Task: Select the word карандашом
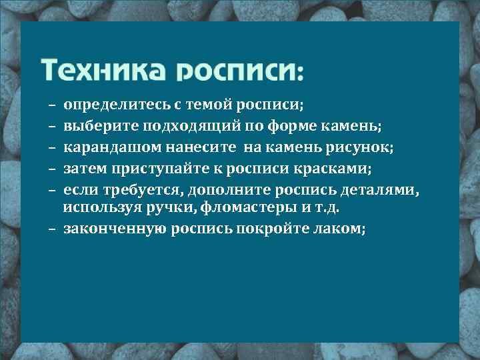point(105,147)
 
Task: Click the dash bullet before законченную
point(51,229)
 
